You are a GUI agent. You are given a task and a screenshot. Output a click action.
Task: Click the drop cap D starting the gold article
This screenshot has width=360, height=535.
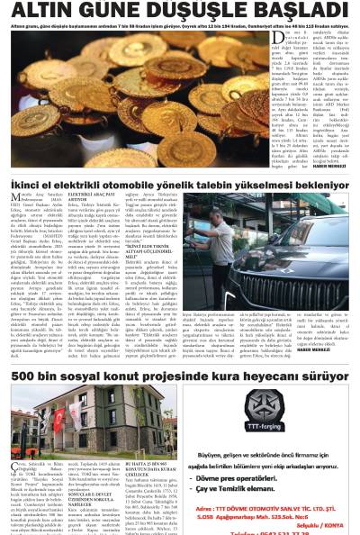click(x=249, y=38)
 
